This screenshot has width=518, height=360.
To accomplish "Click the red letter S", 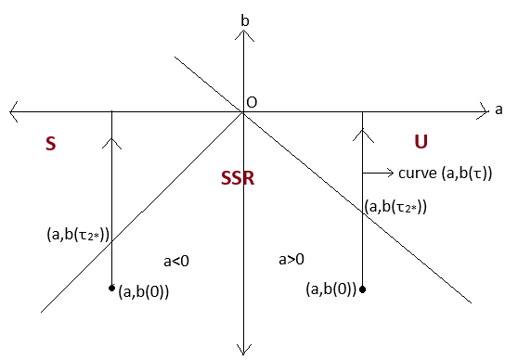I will click(51, 144).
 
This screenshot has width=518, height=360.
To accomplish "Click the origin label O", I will click(252, 102).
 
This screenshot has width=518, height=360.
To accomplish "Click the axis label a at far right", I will click(499, 109).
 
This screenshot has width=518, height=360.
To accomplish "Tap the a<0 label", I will click(176, 261).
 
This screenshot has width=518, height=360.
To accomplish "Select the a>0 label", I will click(291, 260).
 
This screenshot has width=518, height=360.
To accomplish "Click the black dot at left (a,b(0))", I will click(111, 287).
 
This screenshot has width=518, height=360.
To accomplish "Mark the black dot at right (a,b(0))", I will click(363, 289).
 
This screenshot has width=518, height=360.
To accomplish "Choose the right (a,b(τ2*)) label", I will click(395, 207).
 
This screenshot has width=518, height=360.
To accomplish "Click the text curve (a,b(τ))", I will click(445, 173).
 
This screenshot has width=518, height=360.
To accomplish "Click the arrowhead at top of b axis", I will click(242, 34).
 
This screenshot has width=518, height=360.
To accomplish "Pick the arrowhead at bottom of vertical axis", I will click(242, 349).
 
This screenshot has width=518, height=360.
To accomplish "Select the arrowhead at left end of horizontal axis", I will click(13, 111).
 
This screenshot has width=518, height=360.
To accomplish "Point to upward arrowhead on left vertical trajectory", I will click(112, 141).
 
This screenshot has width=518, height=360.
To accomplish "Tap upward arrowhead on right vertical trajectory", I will click(363, 136).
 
